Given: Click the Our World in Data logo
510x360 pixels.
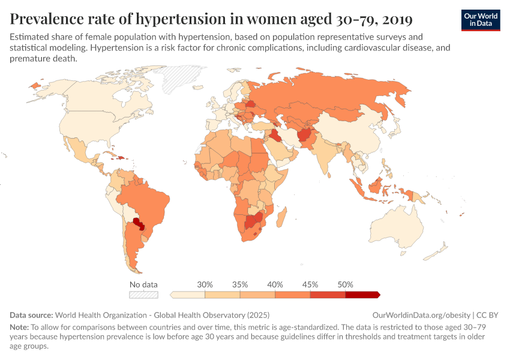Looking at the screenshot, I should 481,20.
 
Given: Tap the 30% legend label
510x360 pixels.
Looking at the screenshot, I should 205,284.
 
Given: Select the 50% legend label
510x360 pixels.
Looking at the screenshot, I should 345,284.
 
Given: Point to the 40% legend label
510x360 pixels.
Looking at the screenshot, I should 275,284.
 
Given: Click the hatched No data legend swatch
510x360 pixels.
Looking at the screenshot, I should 144,295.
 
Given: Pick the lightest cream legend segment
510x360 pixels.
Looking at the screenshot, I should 188,295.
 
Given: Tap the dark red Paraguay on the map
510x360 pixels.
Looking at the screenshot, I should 140,225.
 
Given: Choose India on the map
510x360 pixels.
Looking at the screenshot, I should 323,154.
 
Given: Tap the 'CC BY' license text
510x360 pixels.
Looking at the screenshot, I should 488,315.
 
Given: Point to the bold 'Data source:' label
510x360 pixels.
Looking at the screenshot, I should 31,315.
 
